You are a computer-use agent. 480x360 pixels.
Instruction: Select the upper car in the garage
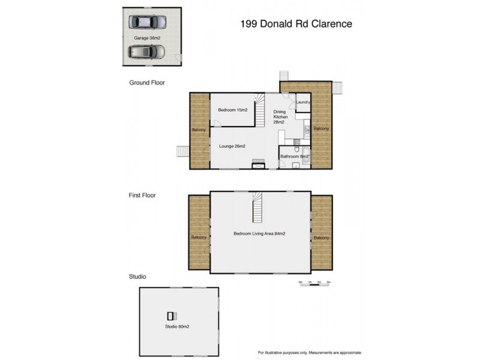tap(148, 22)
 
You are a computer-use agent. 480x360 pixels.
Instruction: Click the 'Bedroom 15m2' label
tap(232, 110)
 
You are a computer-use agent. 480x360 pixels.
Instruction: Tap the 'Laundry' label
tap(303, 102)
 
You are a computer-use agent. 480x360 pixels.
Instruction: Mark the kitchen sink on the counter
tap(306, 128)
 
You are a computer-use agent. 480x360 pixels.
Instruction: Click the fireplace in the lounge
tap(259, 165)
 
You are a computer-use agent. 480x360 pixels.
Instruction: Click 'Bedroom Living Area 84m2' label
tap(259, 233)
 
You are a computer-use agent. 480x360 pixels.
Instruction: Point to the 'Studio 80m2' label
tap(178, 327)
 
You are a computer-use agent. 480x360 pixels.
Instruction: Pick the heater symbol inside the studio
tap(171, 315)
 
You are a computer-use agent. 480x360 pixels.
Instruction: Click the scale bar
tap(315, 283)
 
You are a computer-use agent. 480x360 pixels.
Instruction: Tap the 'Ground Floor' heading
tap(147, 83)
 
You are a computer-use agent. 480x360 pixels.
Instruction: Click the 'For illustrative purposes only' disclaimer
tap(310, 352)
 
